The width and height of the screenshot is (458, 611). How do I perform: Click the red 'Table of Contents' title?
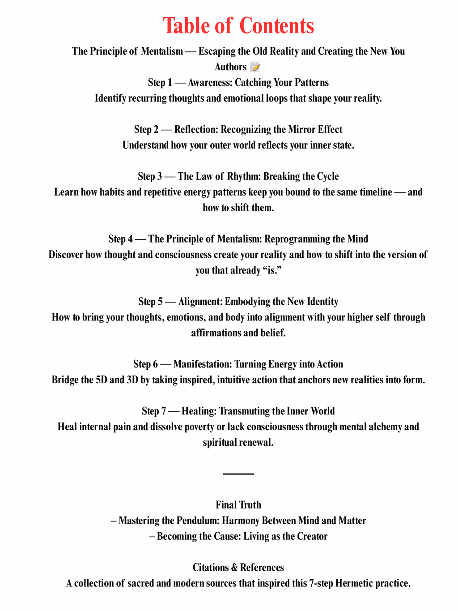(x=238, y=26)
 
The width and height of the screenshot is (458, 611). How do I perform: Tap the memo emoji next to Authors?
(x=255, y=67)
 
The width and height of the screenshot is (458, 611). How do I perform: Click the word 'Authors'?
(x=230, y=67)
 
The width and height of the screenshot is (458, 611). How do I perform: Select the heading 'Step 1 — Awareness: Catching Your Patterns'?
(x=238, y=83)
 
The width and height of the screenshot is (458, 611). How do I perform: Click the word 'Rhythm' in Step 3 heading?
(x=244, y=176)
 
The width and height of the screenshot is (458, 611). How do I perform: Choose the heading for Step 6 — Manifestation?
(x=238, y=364)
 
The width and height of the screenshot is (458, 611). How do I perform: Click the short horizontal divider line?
(x=238, y=474)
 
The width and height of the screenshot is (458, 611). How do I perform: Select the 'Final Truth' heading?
(x=238, y=505)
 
